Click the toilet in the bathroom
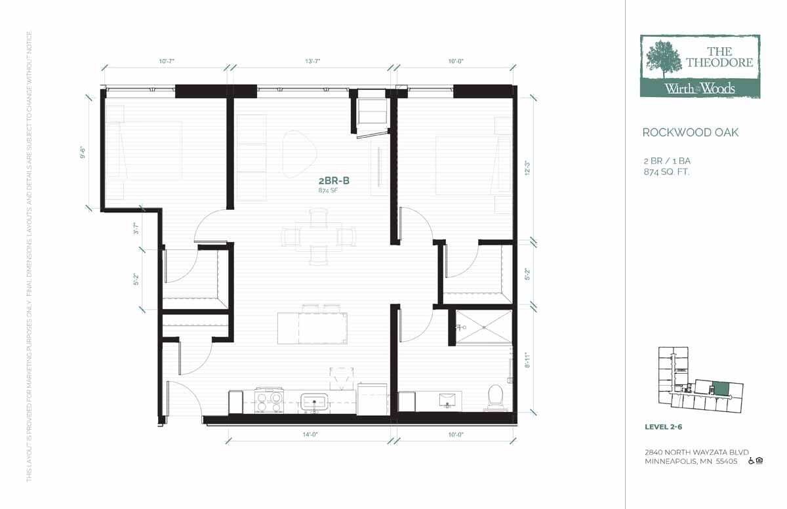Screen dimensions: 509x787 pos(494,396)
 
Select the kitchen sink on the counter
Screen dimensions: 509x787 pos(315,401)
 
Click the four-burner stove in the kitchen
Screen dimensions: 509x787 pos(269,400)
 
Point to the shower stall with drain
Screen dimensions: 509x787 pos(483,326)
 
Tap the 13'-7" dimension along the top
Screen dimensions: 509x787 pos(312,61)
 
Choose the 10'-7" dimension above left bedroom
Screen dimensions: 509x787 pos(167,61)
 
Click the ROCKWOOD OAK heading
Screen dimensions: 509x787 pos(690,132)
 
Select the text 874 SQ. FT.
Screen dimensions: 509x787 pos(666,172)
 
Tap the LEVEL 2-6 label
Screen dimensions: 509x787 pos(665,428)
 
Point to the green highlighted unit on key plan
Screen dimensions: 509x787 pos(721,388)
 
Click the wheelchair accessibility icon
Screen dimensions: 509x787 pos(751,460)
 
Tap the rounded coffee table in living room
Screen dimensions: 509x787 pos(298,153)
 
